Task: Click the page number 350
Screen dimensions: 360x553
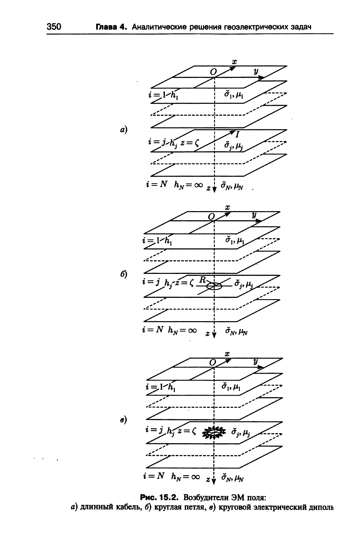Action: click(x=53, y=26)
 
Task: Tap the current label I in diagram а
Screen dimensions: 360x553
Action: click(x=237, y=135)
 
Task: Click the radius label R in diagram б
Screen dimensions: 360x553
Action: click(x=203, y=279)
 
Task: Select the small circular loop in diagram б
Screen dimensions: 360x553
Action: click(x=214, y=286)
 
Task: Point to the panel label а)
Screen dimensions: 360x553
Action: click(x=124, y=129)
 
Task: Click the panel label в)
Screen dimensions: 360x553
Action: click(x=124, y=420)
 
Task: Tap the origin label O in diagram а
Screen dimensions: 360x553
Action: click(x=213, y=72)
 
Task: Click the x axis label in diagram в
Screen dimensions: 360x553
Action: click(x=227, y=354)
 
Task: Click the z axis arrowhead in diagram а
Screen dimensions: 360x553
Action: click(x=214, y=189)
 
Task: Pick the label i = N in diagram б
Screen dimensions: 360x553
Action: click(x=153, y=329)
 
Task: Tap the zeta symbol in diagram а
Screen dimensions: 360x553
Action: click(x=197, y=143)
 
